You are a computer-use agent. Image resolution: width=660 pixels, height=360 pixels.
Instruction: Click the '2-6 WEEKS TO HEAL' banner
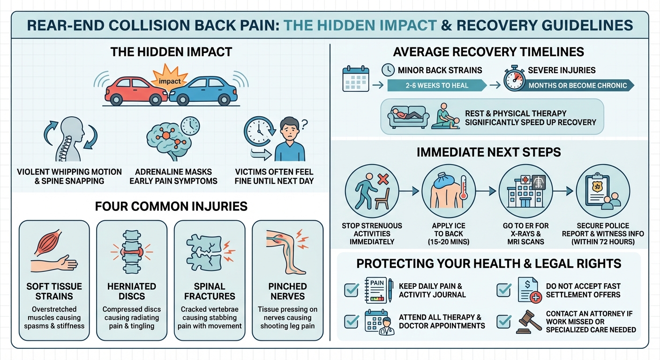437,85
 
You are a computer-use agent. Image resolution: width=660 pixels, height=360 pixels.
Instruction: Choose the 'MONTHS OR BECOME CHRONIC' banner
579,85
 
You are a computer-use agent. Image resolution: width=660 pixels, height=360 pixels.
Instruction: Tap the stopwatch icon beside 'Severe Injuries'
515,79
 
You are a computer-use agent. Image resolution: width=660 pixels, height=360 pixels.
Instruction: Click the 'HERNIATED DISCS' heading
131,291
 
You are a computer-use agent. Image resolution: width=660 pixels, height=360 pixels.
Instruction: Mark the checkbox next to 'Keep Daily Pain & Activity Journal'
352,290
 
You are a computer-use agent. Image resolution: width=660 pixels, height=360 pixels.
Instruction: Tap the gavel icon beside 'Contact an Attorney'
528,321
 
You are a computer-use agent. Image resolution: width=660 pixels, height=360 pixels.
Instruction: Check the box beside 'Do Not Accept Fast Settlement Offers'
503,290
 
